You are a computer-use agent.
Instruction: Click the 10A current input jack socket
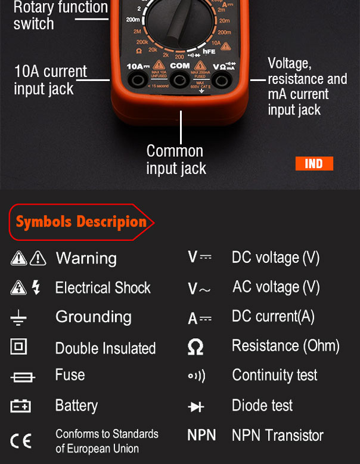click(139, 80)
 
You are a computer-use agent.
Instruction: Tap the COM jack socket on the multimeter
click(180, 80)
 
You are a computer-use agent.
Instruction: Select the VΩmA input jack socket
click(222, 80)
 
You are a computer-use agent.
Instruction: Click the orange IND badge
click(314, 163)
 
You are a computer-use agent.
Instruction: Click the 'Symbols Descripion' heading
click(81, 222)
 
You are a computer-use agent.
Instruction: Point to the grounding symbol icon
click(18, 317)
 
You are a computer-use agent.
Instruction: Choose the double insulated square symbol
click(18, 346)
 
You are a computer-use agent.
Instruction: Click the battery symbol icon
click(20, 407)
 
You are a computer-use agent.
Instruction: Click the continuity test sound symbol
click(196, 376)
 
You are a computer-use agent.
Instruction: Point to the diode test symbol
click(196, 407)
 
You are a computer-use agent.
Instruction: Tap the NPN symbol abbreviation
click(201, 435)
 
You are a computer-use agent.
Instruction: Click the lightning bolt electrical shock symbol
click(36, 287)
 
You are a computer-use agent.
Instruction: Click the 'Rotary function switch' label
click(60, 16)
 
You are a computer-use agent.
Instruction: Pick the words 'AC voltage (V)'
click(276, 287)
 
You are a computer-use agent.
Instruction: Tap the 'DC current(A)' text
click(273, 317)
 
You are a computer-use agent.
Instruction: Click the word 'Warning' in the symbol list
click(86, 258)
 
